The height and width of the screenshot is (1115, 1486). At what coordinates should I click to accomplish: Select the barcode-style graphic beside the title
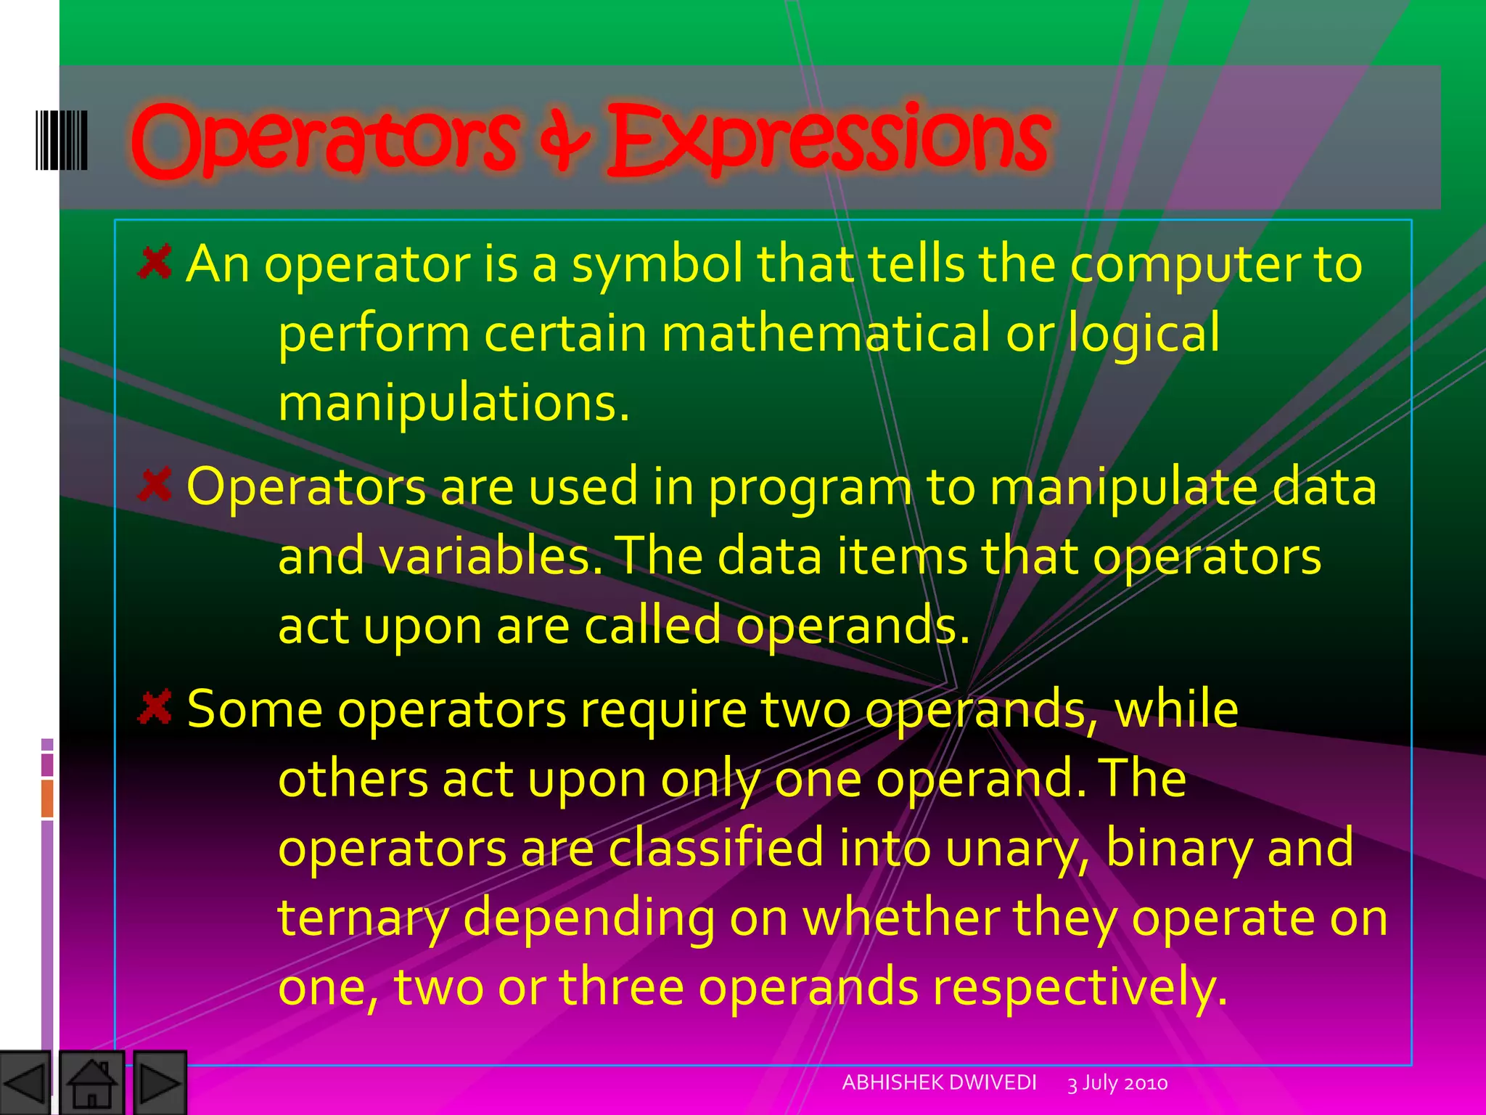tap(62, 140)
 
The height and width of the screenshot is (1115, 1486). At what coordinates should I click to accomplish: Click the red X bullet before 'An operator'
tap(155, 262)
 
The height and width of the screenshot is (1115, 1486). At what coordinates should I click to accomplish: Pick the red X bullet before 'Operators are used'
tap(155, 485)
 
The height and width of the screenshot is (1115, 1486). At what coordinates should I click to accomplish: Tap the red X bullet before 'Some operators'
tap(155, 707)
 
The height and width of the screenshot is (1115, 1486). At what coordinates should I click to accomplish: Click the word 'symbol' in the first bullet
tap(657, 264)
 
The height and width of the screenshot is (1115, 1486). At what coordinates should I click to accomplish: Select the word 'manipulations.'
tap(453, 404)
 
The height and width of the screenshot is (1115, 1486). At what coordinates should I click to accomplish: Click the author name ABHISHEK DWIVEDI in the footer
tap(939, 1082)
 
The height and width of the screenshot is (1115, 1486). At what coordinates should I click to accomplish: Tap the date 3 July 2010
tap(1117, 1083)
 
